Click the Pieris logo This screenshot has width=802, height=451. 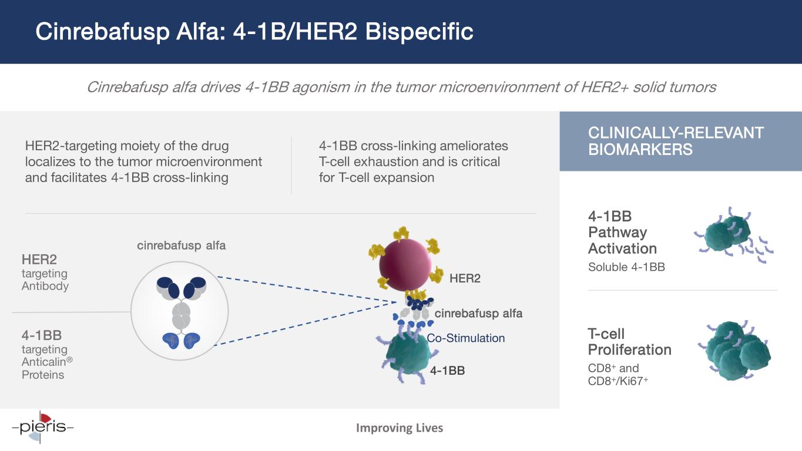click(x=43, y=427)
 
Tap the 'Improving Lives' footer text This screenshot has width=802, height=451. click(x=400, y=428)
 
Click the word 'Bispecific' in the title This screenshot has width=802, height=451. click(x=420, y=32)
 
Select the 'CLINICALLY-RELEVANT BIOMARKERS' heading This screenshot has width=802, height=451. click(x=676, y=141)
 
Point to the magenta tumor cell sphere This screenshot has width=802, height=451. click(x=405, y=264)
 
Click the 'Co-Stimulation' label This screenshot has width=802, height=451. click(x=466, y=338)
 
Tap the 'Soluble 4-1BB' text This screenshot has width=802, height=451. click(x=626, y=267)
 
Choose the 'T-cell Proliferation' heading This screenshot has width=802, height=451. click(x=629, y=342)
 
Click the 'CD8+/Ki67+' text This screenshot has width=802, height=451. click(x=618, y=381)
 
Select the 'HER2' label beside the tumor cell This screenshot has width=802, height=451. click(x=465, y=278)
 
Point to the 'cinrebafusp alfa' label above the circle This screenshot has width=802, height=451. click(x=181, y=245)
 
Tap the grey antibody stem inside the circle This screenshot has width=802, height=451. click(x=181, y=316)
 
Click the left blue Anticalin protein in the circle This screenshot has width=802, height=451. click(x=171, y=340)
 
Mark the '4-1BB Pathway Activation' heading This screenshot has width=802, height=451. click(x=622, y=233)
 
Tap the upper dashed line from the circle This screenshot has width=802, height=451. click(x=307, y=290)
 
